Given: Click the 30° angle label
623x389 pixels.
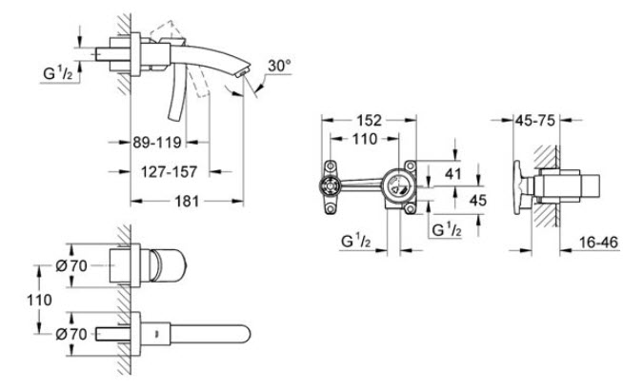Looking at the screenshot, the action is pos(279,65).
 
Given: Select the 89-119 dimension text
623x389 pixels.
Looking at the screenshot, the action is pos(157,142).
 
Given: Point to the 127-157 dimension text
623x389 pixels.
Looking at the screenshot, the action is pos(170,172).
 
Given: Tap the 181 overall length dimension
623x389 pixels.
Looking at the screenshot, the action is pos(187,201).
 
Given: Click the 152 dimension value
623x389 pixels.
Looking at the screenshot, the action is pos(369,120).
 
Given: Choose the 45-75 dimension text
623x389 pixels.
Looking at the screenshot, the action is pos(534,120).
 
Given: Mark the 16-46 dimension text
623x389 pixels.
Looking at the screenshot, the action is pos(598,242).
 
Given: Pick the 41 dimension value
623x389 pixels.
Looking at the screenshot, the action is pos(452,174).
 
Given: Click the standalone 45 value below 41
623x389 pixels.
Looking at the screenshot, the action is pos(477,201).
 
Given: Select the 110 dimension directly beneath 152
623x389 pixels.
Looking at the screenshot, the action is pos(364,139).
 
